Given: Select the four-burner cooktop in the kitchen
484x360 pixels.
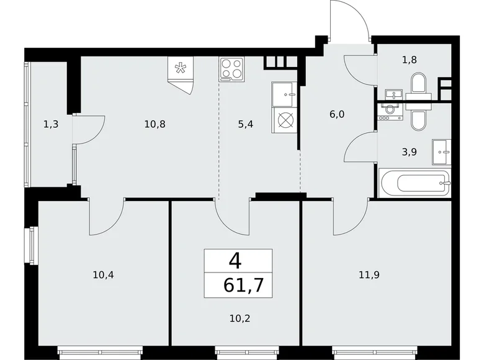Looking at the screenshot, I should pyautogui.click(x=231, y=68).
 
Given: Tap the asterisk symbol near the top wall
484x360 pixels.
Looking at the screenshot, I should pyautogui.click(x=180, y=69).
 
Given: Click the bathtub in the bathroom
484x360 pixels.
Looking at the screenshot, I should pyautogui.click(x=415, y=184).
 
